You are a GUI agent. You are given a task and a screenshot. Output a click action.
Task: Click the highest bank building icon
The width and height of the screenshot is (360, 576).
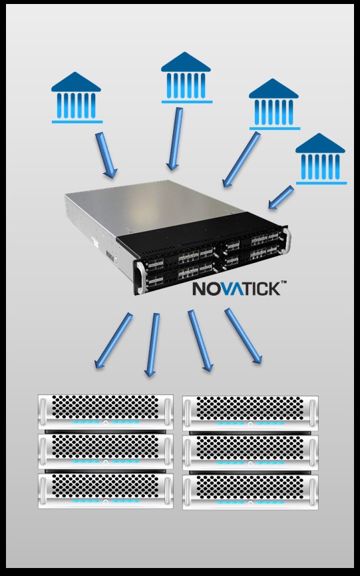(186, 77)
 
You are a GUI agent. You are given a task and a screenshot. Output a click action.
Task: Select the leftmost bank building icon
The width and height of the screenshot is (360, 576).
(77, 97)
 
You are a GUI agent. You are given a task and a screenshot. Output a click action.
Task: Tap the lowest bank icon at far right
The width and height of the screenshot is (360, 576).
(321, 158)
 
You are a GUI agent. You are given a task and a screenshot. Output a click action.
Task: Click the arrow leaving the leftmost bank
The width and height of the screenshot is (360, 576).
(106, 155)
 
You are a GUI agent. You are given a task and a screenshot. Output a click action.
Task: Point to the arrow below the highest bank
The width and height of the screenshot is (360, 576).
(175, 139)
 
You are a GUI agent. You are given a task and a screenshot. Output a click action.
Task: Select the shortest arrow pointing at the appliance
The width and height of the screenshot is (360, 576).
(281, 197)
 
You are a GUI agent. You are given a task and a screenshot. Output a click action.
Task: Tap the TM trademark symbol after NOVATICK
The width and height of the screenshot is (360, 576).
(283, 282)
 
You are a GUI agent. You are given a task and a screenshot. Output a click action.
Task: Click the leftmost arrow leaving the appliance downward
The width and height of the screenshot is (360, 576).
(113, 340)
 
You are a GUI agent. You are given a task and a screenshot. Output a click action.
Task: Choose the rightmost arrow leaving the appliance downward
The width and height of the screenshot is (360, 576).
(244, 336)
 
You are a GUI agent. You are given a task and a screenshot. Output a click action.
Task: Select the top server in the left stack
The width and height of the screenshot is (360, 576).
(106, 412)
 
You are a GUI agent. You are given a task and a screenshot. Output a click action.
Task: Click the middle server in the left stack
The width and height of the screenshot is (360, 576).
(106, 451)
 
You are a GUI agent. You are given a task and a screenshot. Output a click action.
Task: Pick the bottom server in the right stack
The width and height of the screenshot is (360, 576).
(251, 492)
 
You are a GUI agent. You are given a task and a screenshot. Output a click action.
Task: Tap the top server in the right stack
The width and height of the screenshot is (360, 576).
(251, 413)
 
